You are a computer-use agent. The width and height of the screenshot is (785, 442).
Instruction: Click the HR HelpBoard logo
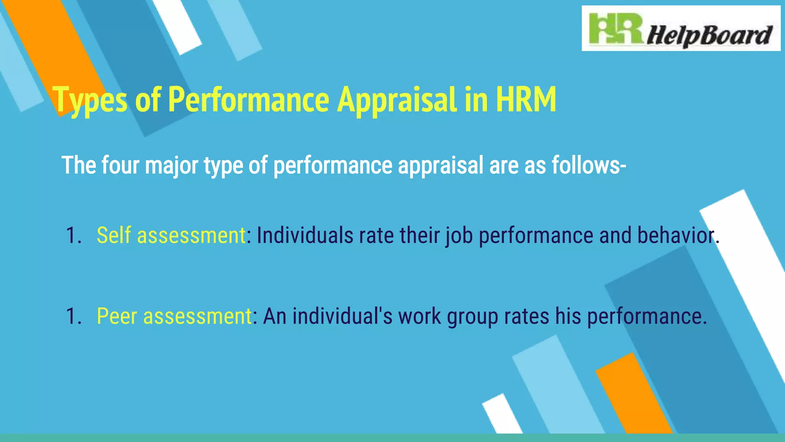point(681,28)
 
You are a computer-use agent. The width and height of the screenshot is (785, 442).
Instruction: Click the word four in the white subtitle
point(120,165)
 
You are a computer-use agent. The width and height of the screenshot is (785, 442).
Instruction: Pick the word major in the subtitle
point(171,166)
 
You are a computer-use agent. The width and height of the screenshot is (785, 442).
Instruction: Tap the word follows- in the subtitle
point(589,165)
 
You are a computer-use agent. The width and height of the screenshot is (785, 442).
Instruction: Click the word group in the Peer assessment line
point(472,317)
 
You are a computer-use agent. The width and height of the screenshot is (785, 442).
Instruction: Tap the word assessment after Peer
point(197,316)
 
